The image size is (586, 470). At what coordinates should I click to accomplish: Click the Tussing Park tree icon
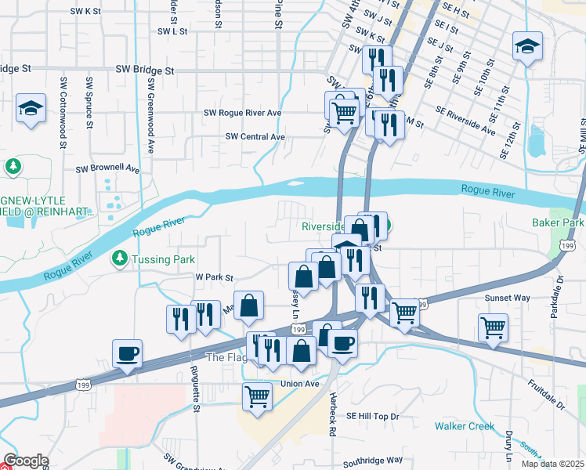119,258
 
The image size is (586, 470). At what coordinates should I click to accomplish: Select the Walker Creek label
465,426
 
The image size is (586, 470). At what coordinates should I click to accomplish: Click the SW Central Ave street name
255,136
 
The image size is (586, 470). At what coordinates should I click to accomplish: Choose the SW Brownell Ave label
107,168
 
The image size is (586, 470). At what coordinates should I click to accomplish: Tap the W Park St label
214,277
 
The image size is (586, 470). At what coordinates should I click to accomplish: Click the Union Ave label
300,384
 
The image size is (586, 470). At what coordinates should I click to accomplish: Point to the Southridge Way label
373,460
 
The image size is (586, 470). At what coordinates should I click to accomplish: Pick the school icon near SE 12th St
528,46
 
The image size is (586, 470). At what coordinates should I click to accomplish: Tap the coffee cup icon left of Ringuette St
127,353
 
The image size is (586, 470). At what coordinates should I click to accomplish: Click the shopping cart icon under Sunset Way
493,327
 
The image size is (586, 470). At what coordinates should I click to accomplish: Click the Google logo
26,461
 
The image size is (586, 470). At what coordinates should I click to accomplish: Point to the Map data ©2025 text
552,464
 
